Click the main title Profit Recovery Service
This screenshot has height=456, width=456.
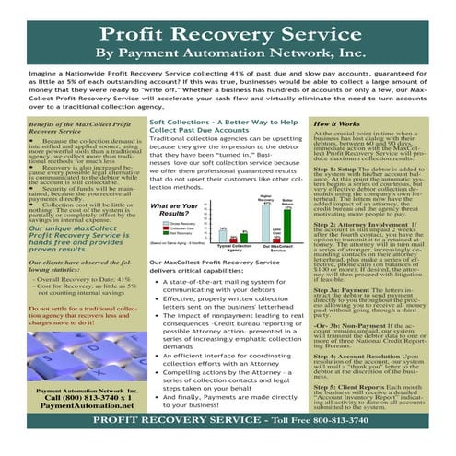click(x=228, y=33)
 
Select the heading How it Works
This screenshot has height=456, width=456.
click(x=336, y=123)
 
